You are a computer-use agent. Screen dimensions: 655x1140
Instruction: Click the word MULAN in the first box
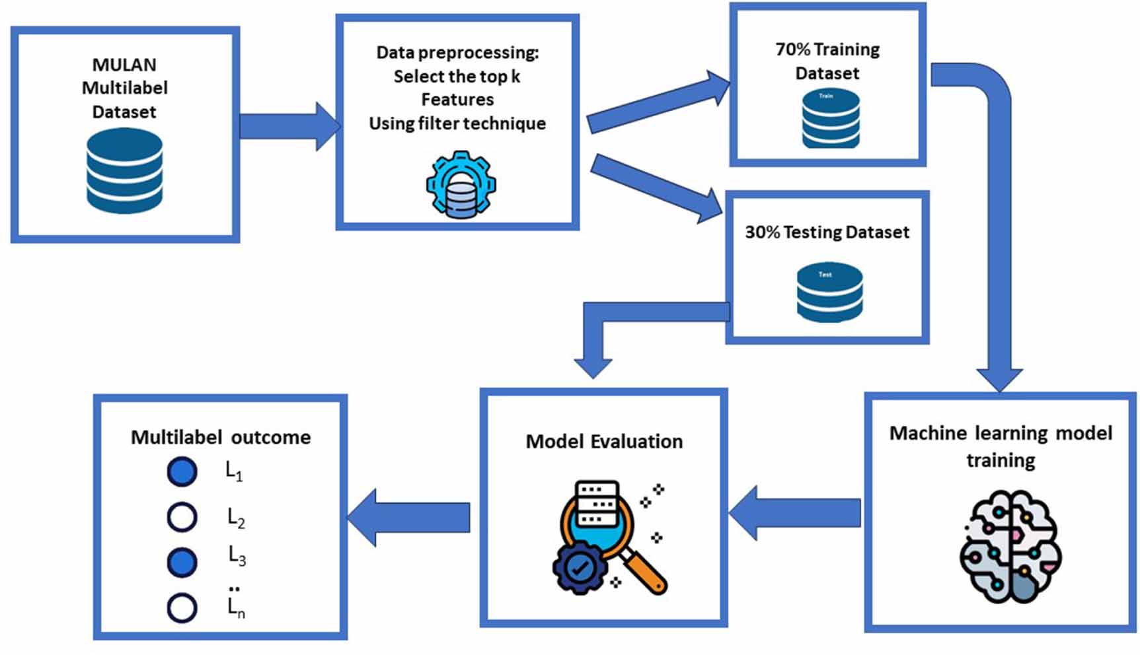coord(124,65)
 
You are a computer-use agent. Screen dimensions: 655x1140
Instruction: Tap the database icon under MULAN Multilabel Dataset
coord(124,171)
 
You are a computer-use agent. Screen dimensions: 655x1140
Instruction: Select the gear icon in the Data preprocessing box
coord(461,185)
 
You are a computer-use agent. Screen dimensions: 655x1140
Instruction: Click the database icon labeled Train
coord(831,120)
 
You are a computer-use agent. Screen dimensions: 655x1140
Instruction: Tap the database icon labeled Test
coord(829,292)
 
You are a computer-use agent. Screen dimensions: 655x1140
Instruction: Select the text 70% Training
coord(827,50)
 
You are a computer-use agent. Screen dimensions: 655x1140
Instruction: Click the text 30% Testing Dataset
coord(827,232)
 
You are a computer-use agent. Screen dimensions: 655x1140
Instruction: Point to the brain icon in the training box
coord(1010,546)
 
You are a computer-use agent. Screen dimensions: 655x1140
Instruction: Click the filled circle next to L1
coord(182,472)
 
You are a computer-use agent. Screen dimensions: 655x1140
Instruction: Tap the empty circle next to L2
coord(182,518)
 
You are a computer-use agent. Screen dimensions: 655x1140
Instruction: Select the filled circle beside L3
coord(182,562)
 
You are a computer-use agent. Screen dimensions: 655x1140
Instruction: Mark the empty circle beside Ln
coord(182,608)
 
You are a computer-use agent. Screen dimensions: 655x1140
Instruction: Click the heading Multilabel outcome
coord(221,437)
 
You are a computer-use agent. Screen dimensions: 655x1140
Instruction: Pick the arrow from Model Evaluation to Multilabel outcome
coord(409,517)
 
